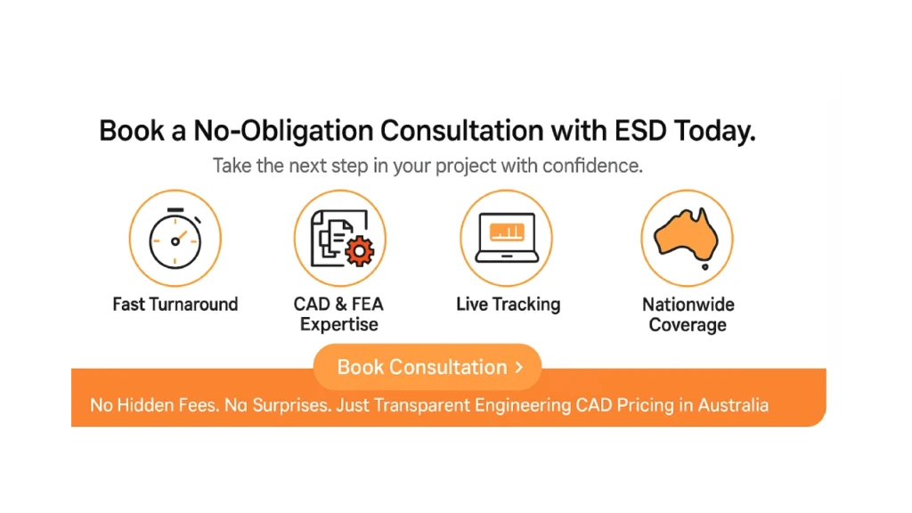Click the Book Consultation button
[427, 367]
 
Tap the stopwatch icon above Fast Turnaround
[175, 239]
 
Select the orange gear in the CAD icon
[360, 250]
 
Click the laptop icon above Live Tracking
[507, 238]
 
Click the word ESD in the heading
[640, 130]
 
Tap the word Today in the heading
[715, 131]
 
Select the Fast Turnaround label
[175, 305]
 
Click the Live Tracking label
[509, 305]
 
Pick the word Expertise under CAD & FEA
[339, 324]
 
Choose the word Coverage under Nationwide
[688, 324]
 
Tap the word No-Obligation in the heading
[282, 131]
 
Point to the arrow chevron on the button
[519, 367]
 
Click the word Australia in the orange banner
[734, 405]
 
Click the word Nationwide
[688, 305]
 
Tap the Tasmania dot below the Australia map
[705, 267]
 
